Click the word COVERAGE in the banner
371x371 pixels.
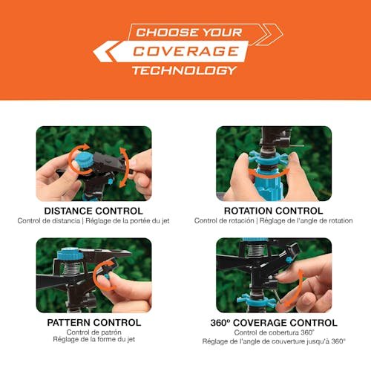185,51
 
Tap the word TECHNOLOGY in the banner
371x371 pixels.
185,70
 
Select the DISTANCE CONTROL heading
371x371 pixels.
93,211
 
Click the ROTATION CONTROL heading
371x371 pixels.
274,211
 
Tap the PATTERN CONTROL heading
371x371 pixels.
94,323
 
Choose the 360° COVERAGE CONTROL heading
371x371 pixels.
274,323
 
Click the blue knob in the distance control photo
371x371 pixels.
83,160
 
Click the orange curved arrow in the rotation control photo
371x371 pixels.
269,174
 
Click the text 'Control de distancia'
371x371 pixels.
49,220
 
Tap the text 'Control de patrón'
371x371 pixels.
93,332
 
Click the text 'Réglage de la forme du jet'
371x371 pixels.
94,339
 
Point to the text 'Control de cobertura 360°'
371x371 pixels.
274,332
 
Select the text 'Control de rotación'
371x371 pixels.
224,220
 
